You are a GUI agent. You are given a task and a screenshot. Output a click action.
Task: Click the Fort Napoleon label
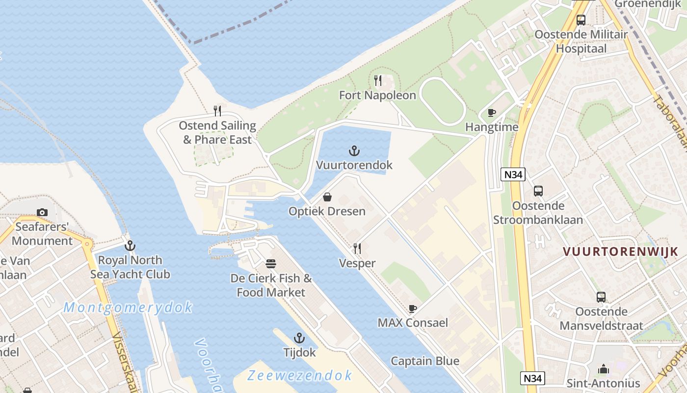click(x=377, y=95)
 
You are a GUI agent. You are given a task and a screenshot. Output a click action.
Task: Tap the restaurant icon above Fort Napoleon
click(x=378, y=81)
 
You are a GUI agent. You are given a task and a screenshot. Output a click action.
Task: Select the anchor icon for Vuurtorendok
click(x=354, y=151)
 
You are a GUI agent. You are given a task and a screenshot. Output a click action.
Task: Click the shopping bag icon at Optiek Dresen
click(x=327, y=197)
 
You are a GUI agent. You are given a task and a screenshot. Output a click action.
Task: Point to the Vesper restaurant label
click(x=357, y=263)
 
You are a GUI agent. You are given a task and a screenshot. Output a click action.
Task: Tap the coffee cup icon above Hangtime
click(x=491, y=113)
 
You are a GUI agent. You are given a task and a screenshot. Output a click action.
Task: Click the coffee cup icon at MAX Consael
click(x=413, y=309)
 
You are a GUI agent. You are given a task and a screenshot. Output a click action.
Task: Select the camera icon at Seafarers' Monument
click(x=42, y=212)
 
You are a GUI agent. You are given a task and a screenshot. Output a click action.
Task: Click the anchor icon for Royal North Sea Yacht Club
click(x=130, y=246)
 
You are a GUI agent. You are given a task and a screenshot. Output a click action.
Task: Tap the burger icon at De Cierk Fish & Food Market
click(x=271, y=264)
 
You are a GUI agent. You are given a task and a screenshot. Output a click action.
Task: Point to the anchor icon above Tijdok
click(x=299, y=338)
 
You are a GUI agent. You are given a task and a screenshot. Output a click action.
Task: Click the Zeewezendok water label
click(x=299, y=376)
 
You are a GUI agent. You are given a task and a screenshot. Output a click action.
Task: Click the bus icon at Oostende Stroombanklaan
click(x=538, y=191)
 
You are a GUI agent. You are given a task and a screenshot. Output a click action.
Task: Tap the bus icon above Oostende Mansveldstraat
click(x=601, y=297)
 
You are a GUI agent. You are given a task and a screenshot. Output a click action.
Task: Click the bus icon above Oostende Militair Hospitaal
click(x=581, y=20)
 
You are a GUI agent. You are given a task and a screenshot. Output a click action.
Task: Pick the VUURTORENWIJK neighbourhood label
click(x=620, y=252)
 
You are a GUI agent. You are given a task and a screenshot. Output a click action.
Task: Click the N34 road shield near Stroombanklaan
click(x=513, y=174)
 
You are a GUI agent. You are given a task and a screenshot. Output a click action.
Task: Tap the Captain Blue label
click(x=425, y=361)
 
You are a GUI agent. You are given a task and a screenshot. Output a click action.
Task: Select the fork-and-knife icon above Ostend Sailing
click(x=217, y=111)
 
